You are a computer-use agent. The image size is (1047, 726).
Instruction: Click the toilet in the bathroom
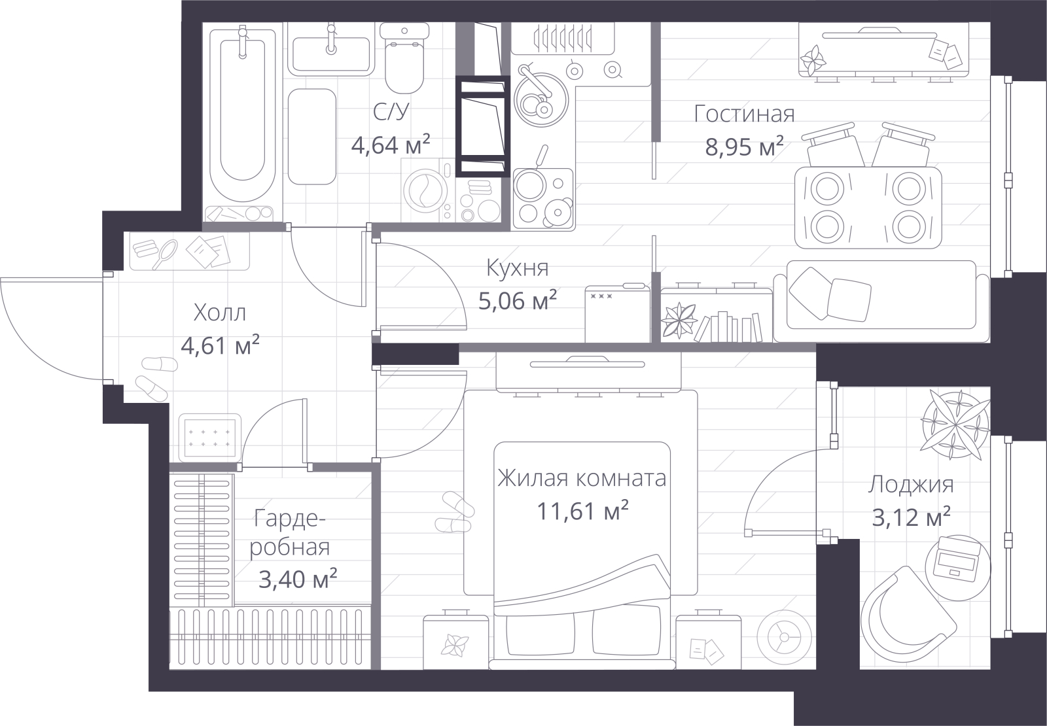404,58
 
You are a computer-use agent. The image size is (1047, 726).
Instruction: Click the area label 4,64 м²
390,145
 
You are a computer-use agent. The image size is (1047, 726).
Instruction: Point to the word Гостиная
744,114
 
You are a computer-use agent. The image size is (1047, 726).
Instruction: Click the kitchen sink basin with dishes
541,99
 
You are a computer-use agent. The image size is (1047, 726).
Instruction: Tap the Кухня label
518,268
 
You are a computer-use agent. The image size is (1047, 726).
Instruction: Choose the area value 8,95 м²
744,147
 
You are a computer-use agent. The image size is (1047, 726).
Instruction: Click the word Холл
220,313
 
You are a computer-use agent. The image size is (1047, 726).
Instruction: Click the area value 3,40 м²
298,579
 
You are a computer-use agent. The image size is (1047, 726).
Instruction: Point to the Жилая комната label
582,478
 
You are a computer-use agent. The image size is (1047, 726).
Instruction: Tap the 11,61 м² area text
582,511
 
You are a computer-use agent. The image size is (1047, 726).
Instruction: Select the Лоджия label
911,485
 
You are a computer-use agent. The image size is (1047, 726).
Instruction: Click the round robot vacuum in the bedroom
784,637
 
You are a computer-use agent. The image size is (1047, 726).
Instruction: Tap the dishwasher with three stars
618,313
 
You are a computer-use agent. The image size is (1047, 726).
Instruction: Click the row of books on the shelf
728,327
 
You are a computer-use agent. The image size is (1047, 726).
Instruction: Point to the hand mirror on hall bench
165,254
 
